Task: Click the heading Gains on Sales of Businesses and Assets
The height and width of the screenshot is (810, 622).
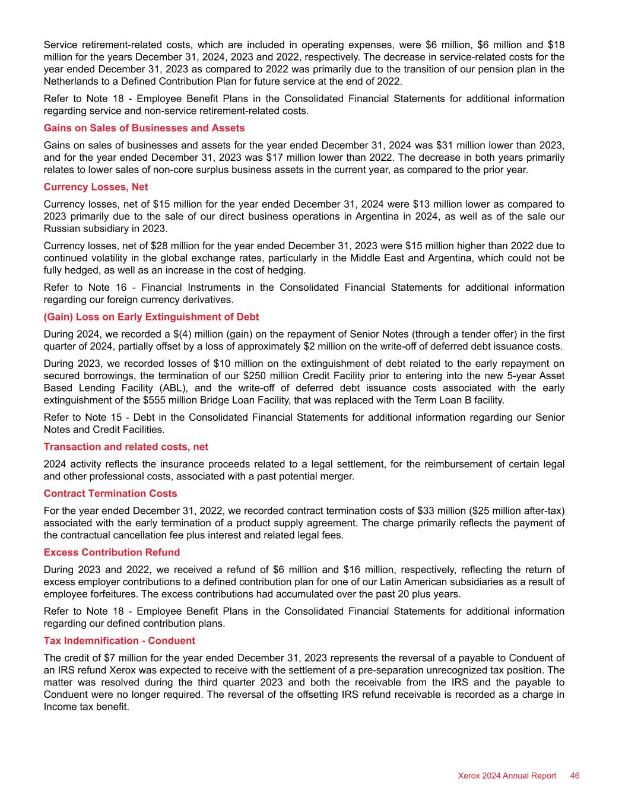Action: (144, 128)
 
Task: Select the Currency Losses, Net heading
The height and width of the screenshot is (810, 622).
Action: (96, 187)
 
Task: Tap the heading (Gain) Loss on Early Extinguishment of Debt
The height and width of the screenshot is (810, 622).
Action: (151, 317)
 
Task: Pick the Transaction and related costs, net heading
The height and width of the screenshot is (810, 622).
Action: (126, 446)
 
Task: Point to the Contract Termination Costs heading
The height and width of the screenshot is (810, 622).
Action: (110, 493)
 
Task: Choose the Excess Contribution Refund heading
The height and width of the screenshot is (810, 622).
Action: (112, 552)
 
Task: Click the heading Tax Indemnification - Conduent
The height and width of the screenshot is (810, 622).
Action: (119, 641)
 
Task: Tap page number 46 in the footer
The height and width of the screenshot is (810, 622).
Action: (575, 776)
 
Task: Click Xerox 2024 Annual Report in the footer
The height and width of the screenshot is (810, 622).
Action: (507, 776)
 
